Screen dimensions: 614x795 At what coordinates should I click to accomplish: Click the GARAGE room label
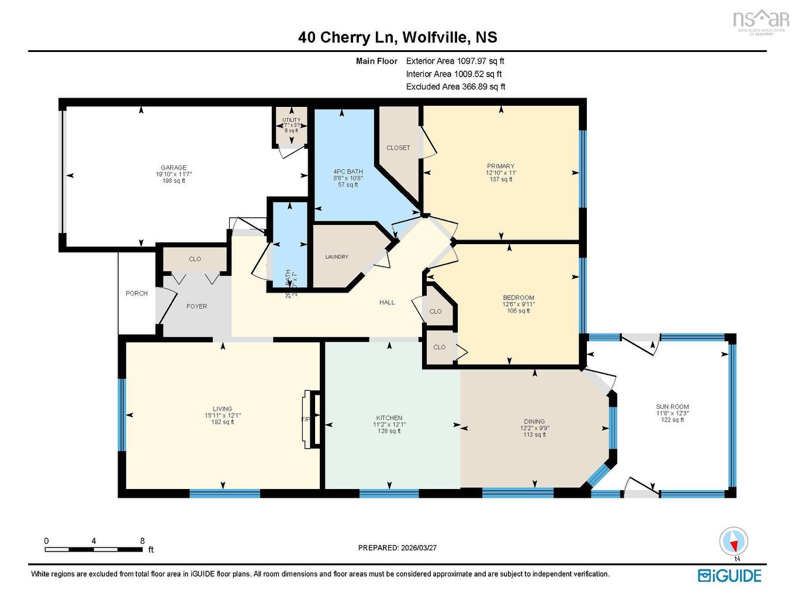coord(174,168)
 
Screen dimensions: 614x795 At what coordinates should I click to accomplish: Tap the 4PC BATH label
coord(348,172)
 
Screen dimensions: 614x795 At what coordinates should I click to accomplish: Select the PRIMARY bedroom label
coord(500,166)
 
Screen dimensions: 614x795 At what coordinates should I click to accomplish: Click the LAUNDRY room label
coord(337,257)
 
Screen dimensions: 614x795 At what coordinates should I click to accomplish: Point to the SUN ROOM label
coord(672,407)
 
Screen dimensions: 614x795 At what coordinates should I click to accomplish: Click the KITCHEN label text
coord(389,418)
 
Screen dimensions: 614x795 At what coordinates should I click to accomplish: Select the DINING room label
coord(534,421)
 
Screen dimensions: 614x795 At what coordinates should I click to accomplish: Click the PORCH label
coord(137,293)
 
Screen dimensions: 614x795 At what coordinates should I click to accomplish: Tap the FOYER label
coord(196,306)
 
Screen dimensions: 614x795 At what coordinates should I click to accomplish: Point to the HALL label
coord(387,302)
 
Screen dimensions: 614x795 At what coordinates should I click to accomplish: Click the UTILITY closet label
coord(291,120)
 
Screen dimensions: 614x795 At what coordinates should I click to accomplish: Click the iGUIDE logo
coord(730,575)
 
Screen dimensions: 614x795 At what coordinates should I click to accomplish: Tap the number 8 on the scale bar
coord(142,541)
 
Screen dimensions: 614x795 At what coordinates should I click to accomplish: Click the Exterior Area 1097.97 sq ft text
coord(455,61)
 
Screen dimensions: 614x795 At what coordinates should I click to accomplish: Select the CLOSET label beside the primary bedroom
coord(398,148)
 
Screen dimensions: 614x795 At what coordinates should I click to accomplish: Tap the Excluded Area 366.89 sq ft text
coord(455,86)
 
